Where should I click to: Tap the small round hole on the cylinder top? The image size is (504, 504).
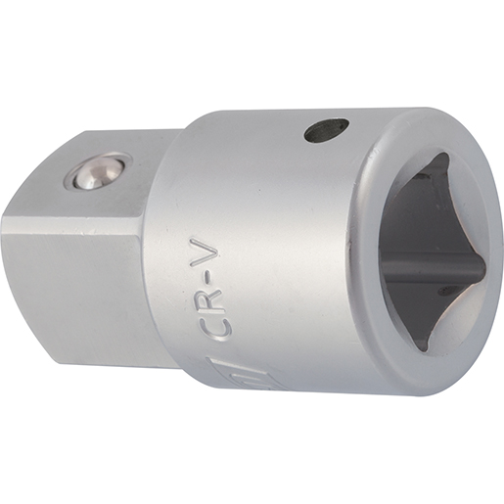(326, 130)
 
